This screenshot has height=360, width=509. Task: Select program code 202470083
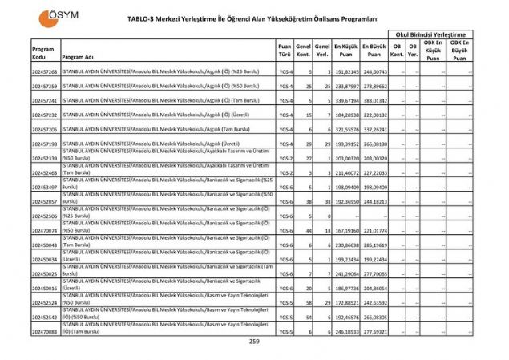[x=45, y=331]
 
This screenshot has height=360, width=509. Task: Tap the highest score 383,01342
[x=374, y=101]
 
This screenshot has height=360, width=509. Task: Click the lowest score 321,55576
[x=346, y=129]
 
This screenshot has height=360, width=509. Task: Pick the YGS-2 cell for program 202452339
[x=285, y=159]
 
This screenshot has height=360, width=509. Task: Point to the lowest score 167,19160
[x=346, y=230]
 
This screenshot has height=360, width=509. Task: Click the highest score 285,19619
[x=374, y=245]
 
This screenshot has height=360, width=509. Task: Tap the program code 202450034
[x=45, y=259]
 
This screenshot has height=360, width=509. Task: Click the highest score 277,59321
[x=374, y=331]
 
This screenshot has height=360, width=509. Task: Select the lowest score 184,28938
[x=346, y=115]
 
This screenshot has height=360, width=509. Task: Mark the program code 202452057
[x=45, y=201]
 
